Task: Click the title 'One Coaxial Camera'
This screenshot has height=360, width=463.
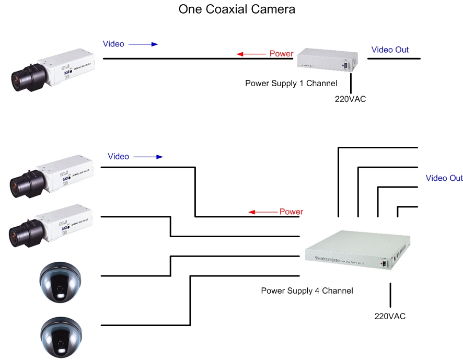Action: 237,9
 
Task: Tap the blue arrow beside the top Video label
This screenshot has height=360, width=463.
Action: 143,44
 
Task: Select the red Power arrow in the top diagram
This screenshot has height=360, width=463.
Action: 251,54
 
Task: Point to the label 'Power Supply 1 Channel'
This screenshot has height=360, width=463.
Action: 291,83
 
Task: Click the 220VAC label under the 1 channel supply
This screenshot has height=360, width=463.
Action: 350,98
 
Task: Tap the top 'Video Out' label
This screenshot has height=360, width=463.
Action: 390,50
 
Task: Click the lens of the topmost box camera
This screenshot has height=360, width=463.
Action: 25,78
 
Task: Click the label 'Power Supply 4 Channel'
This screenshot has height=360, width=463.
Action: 307,291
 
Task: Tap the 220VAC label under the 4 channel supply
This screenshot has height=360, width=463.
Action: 390,316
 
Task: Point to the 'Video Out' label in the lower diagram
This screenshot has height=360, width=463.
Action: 444,178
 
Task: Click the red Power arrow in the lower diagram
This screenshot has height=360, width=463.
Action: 263,212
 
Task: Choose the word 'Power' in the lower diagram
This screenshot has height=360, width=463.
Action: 291,212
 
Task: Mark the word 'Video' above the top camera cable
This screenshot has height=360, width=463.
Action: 113,44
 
